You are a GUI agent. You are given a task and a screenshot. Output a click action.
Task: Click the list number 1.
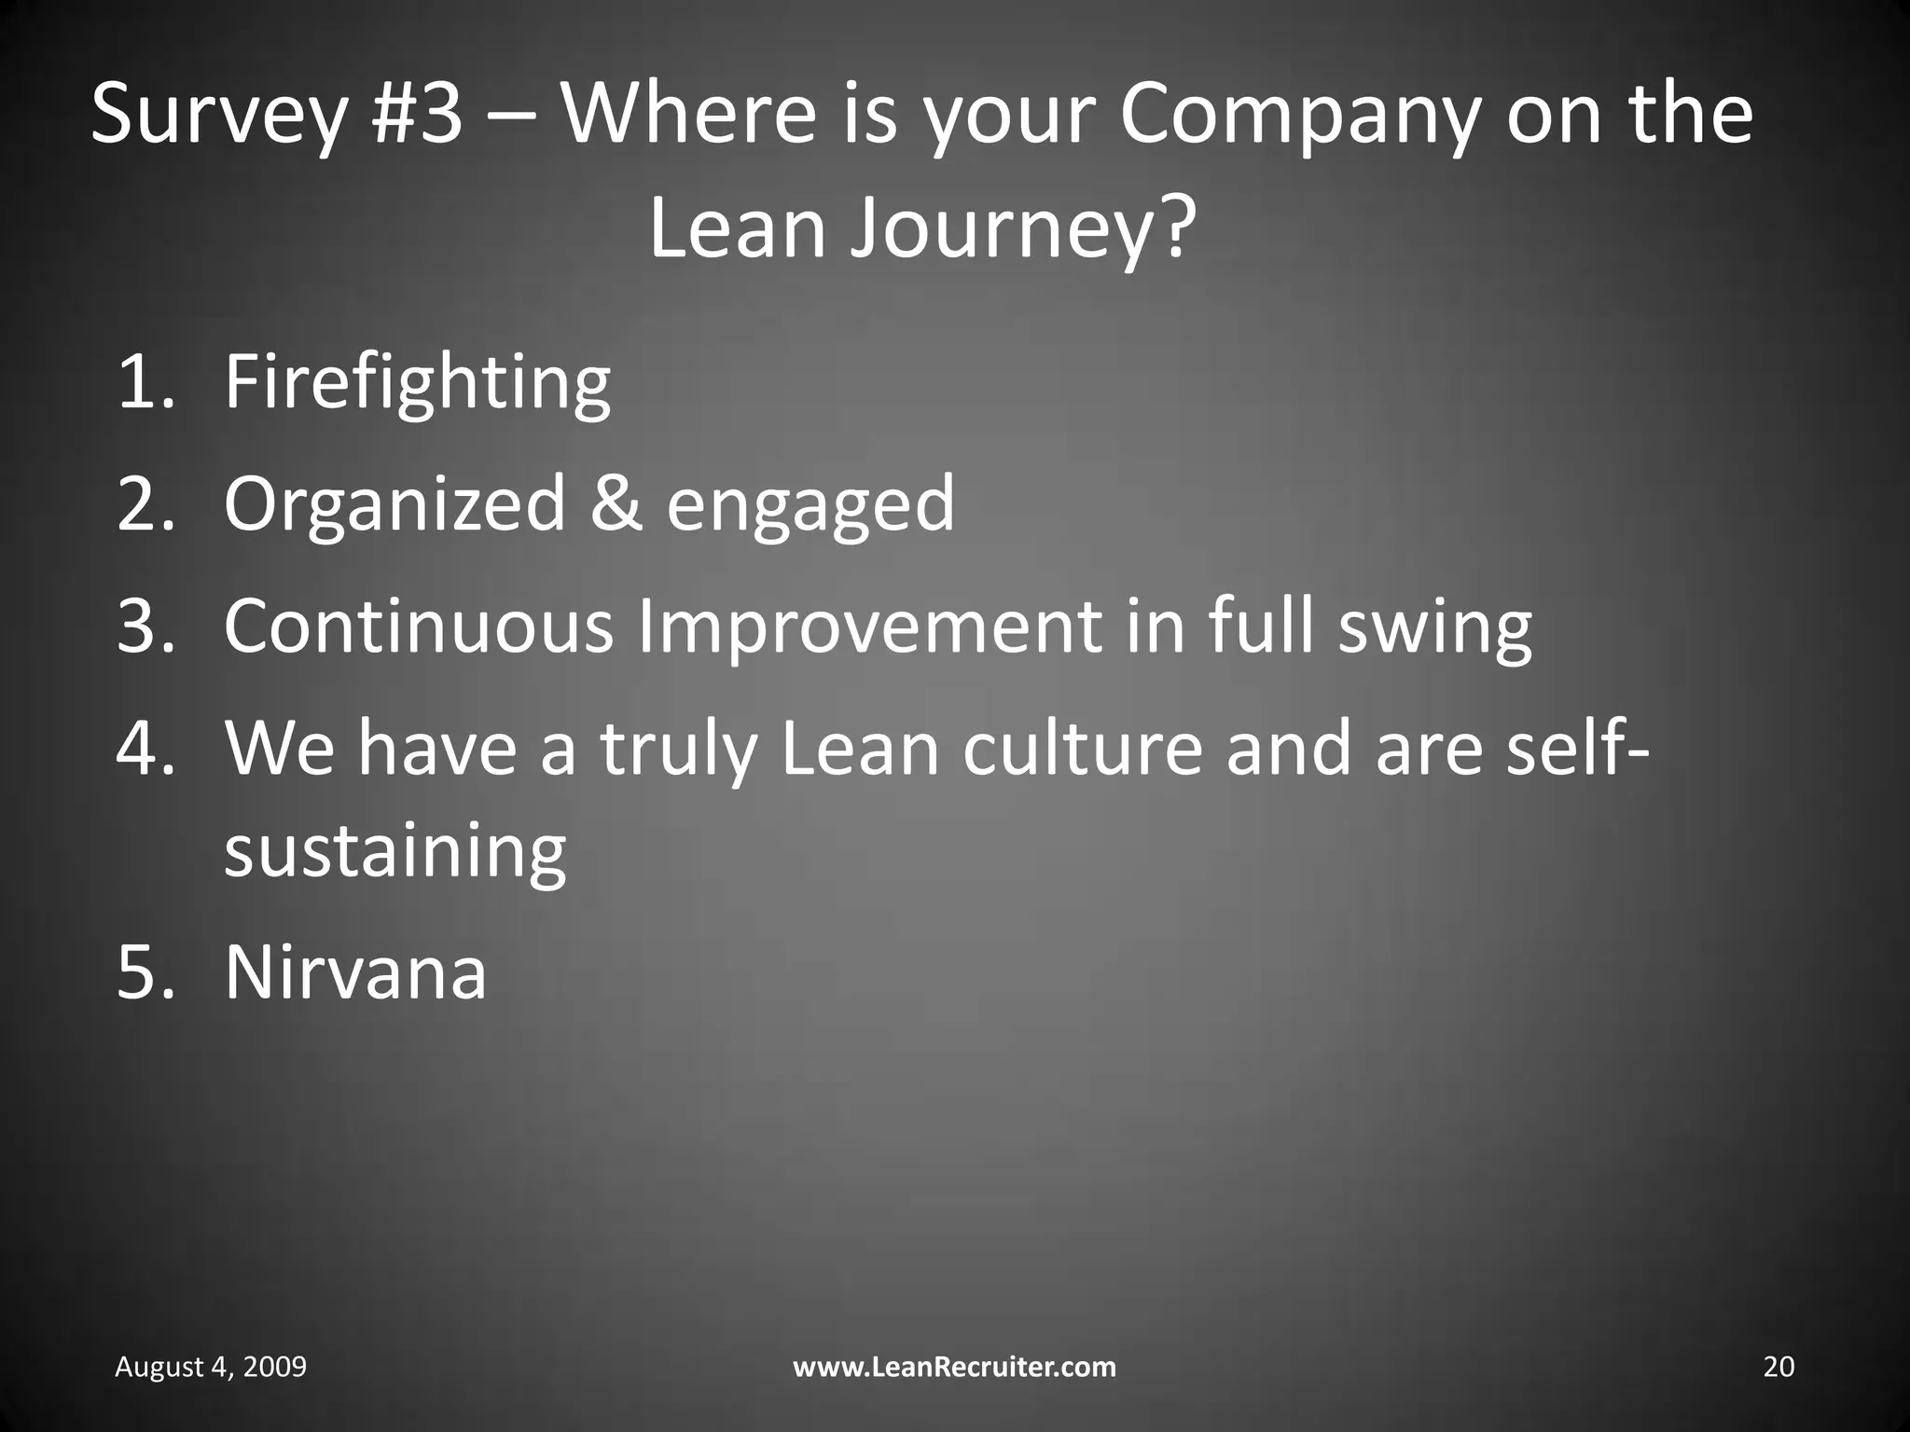pos(144,382)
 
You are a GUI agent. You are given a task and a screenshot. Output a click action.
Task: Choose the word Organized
pos(395,505)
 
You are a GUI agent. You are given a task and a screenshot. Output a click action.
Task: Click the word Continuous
pos(418,626)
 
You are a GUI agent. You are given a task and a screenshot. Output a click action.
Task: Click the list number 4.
pos(145,748)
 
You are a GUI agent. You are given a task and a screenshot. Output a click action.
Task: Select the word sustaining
pos(394,852)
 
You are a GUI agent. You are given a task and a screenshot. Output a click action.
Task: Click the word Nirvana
pos(355,973)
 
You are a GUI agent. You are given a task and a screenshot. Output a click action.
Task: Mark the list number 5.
pos(145,973)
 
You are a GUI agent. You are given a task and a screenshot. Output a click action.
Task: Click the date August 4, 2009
pos(211,1367)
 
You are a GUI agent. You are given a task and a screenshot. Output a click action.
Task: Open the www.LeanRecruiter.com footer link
pos(954,1367)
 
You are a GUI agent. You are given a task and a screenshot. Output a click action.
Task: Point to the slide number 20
pos(1779,1367)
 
